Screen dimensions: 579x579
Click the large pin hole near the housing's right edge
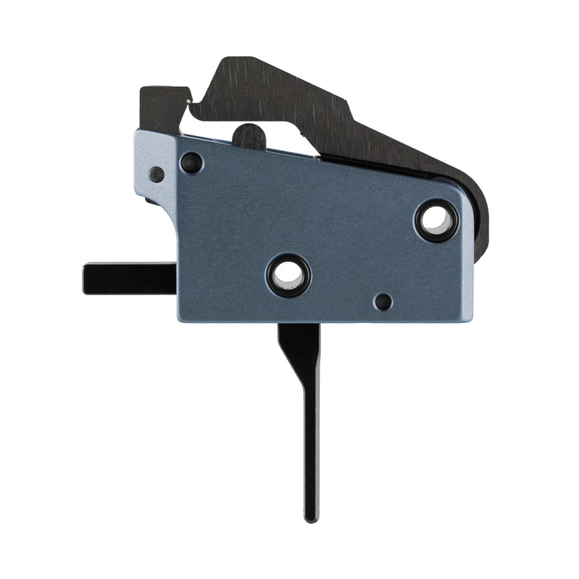click(x=436, y=220)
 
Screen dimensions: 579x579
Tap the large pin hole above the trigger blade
click(x=288, y=275)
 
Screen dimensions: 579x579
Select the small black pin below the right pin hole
click(x=383, y=302)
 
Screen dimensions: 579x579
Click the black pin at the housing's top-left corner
click(x=191, y=162)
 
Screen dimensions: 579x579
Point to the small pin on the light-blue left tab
click(x=156, y=174)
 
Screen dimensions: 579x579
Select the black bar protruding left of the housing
click(x=128, y=278)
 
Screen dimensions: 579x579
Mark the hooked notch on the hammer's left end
click(x=192, y=106)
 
